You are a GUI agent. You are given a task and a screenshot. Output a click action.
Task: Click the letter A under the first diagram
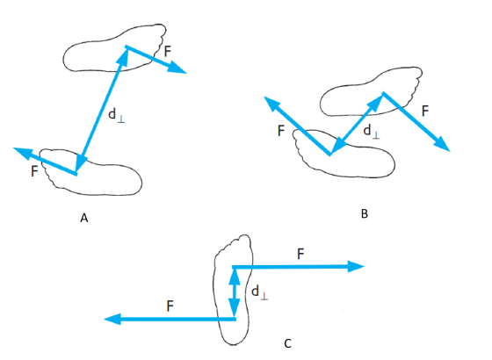(x=83, y=218)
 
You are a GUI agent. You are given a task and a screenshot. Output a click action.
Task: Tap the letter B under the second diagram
(x=365, y=213)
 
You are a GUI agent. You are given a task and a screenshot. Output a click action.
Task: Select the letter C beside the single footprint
(x=288, y=343)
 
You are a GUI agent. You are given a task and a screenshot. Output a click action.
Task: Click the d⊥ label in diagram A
(x=116, y=115)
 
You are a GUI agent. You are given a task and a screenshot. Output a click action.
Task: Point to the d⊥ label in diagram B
(x=372, y=131)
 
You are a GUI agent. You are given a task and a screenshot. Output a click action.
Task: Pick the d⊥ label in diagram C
(x=260, y=292)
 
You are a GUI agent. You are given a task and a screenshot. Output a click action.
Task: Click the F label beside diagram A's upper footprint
(x=168, y=51)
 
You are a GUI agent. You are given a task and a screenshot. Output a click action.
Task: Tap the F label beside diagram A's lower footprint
(x=34, y=171)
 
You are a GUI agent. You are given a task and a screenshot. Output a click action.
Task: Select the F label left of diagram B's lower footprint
(x=281, y=131)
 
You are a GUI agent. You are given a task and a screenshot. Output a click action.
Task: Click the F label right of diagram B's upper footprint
(x=425, y=111)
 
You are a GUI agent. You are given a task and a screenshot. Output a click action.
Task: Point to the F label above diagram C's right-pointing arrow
(x=300, y=254)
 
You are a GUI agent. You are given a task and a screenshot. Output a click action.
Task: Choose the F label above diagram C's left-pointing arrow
(x=170, y=306)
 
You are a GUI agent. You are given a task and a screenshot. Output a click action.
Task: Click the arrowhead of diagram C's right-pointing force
(x=356, y=266)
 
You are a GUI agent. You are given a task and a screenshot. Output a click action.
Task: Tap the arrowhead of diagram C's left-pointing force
(x=112, y=319)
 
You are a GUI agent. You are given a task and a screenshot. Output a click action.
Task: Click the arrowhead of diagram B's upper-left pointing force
(x=271, y=103)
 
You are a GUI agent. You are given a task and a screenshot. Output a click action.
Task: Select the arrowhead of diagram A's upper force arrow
(x=177, y=68)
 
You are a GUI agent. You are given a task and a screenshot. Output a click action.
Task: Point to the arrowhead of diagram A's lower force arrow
(x=23, y=152)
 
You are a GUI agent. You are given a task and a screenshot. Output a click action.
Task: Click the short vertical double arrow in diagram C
(x=234, y=292)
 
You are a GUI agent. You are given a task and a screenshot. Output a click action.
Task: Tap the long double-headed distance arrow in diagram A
(x=101, y=110)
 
